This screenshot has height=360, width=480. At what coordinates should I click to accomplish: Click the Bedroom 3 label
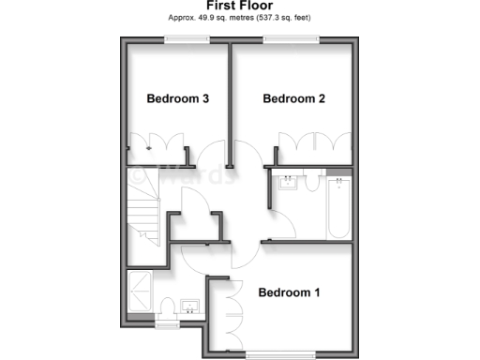[176, 98]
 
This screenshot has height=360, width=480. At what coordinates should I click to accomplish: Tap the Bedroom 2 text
[293, 98]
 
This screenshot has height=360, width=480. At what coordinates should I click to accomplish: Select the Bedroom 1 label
[290, 292]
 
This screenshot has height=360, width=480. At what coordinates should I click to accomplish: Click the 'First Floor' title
[241, 6]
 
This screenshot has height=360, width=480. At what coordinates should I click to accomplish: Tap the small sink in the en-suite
[190, 307]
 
